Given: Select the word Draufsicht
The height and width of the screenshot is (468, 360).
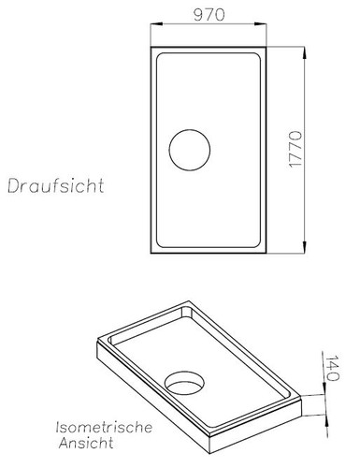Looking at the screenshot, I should [55, 184].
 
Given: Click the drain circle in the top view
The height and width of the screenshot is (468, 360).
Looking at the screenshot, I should [190, 150].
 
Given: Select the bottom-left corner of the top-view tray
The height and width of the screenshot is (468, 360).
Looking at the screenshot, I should [150, 256].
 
